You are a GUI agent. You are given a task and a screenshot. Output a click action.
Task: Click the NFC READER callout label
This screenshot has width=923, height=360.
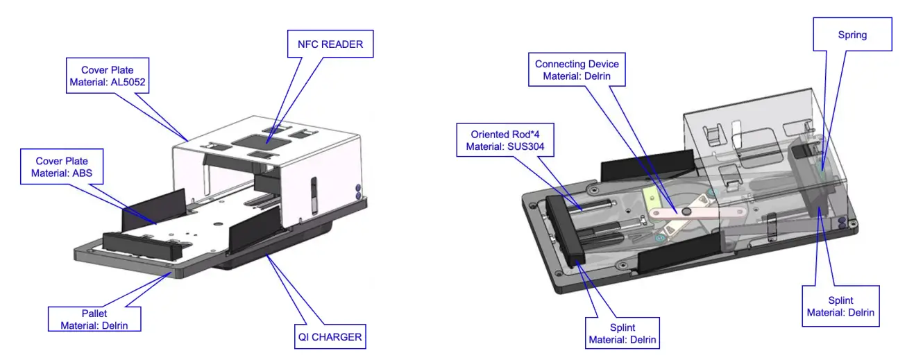(330, 44)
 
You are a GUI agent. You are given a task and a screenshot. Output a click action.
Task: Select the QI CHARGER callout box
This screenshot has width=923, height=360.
(330, 336)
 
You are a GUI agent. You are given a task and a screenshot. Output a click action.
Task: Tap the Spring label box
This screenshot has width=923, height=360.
(852, 34)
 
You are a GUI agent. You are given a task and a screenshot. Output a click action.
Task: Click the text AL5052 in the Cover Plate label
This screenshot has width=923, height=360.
(128, 82)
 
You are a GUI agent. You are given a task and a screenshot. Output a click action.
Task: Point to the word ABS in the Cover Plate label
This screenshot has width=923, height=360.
(83, 173)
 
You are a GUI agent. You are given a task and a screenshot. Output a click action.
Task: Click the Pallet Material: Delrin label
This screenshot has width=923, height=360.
(94, 319)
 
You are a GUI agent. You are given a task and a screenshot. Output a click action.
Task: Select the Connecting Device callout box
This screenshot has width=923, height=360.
(577, 69)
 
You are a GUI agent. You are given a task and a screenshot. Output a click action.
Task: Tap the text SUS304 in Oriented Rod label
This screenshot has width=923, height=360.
(526, 146)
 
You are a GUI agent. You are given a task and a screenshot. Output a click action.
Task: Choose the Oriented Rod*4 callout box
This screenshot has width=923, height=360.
(505, 139)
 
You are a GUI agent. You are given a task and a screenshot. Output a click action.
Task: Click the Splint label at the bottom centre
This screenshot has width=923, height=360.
(623, 333)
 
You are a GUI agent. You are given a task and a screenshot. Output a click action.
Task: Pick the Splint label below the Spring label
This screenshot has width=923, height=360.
(840, 306)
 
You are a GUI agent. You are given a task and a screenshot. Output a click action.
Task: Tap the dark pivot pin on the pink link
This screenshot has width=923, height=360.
(686, 212)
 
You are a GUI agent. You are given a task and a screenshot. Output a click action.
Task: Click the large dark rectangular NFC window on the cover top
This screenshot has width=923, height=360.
(261, 142)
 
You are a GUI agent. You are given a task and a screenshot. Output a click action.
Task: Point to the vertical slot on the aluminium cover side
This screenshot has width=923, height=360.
(314, 196)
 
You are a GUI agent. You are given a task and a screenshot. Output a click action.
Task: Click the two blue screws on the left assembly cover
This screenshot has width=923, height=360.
(357, 192)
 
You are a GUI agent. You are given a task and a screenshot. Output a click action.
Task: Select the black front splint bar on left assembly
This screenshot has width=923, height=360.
(142, 246)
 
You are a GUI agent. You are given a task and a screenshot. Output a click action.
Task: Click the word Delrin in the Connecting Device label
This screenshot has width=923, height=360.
(597, 76)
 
